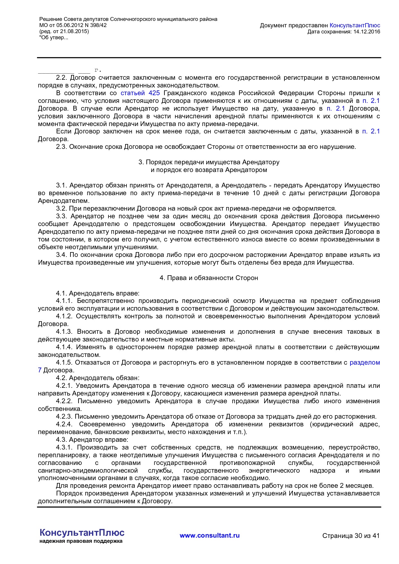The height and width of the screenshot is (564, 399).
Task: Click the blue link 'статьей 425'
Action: tap(140, 93)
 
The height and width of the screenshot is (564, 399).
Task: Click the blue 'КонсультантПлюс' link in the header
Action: tap(355, 25)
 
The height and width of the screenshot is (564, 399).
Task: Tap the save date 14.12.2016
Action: tap(367, 32)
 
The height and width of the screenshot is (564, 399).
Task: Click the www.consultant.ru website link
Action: tap(209, 535)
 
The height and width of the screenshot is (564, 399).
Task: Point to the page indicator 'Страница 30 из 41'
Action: tap(351, 536)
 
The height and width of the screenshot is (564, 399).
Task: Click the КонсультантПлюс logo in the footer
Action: tap(82, 532)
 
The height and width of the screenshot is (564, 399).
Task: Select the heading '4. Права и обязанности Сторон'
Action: tap(209, 278)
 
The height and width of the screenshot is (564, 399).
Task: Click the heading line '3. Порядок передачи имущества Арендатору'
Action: tap(209, 162)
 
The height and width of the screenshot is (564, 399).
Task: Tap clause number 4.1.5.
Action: tap(64, 363)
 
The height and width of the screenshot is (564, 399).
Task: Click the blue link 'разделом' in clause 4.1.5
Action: tap(365, 363)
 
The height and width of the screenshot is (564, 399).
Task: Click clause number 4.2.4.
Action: tap(64, 424)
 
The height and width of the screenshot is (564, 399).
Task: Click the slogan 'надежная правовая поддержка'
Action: tap(81, 541)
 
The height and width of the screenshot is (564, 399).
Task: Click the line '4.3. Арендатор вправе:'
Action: tap(92, 440)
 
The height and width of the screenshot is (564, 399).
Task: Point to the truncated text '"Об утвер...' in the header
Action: tap(54, 38)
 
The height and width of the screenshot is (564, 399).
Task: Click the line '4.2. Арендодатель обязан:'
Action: tap(97, 378)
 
